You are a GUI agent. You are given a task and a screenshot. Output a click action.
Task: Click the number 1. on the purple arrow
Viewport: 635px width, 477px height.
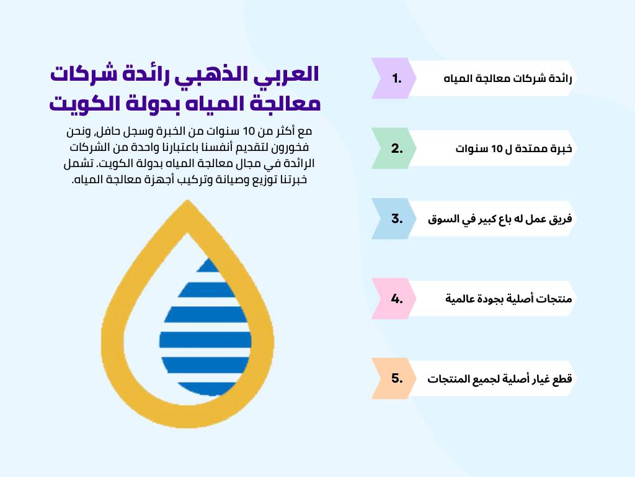pos(397,78)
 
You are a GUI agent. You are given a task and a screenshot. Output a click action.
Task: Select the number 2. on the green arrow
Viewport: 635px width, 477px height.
pos(397,148)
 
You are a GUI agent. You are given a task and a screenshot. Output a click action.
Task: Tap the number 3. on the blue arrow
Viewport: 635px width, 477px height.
pos(397,219)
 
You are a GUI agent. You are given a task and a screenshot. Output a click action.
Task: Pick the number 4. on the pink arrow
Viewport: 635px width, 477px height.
pos(397,298)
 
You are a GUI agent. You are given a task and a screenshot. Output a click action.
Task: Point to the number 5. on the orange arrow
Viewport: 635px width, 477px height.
pos(397,378)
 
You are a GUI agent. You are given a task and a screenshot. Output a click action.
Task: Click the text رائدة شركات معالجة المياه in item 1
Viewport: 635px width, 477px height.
pos(508,79)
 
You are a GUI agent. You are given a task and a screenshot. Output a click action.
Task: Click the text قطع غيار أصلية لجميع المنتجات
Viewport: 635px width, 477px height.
pos(499,378)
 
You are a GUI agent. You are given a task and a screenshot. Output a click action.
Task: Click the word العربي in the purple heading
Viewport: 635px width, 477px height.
pos(288,73)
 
